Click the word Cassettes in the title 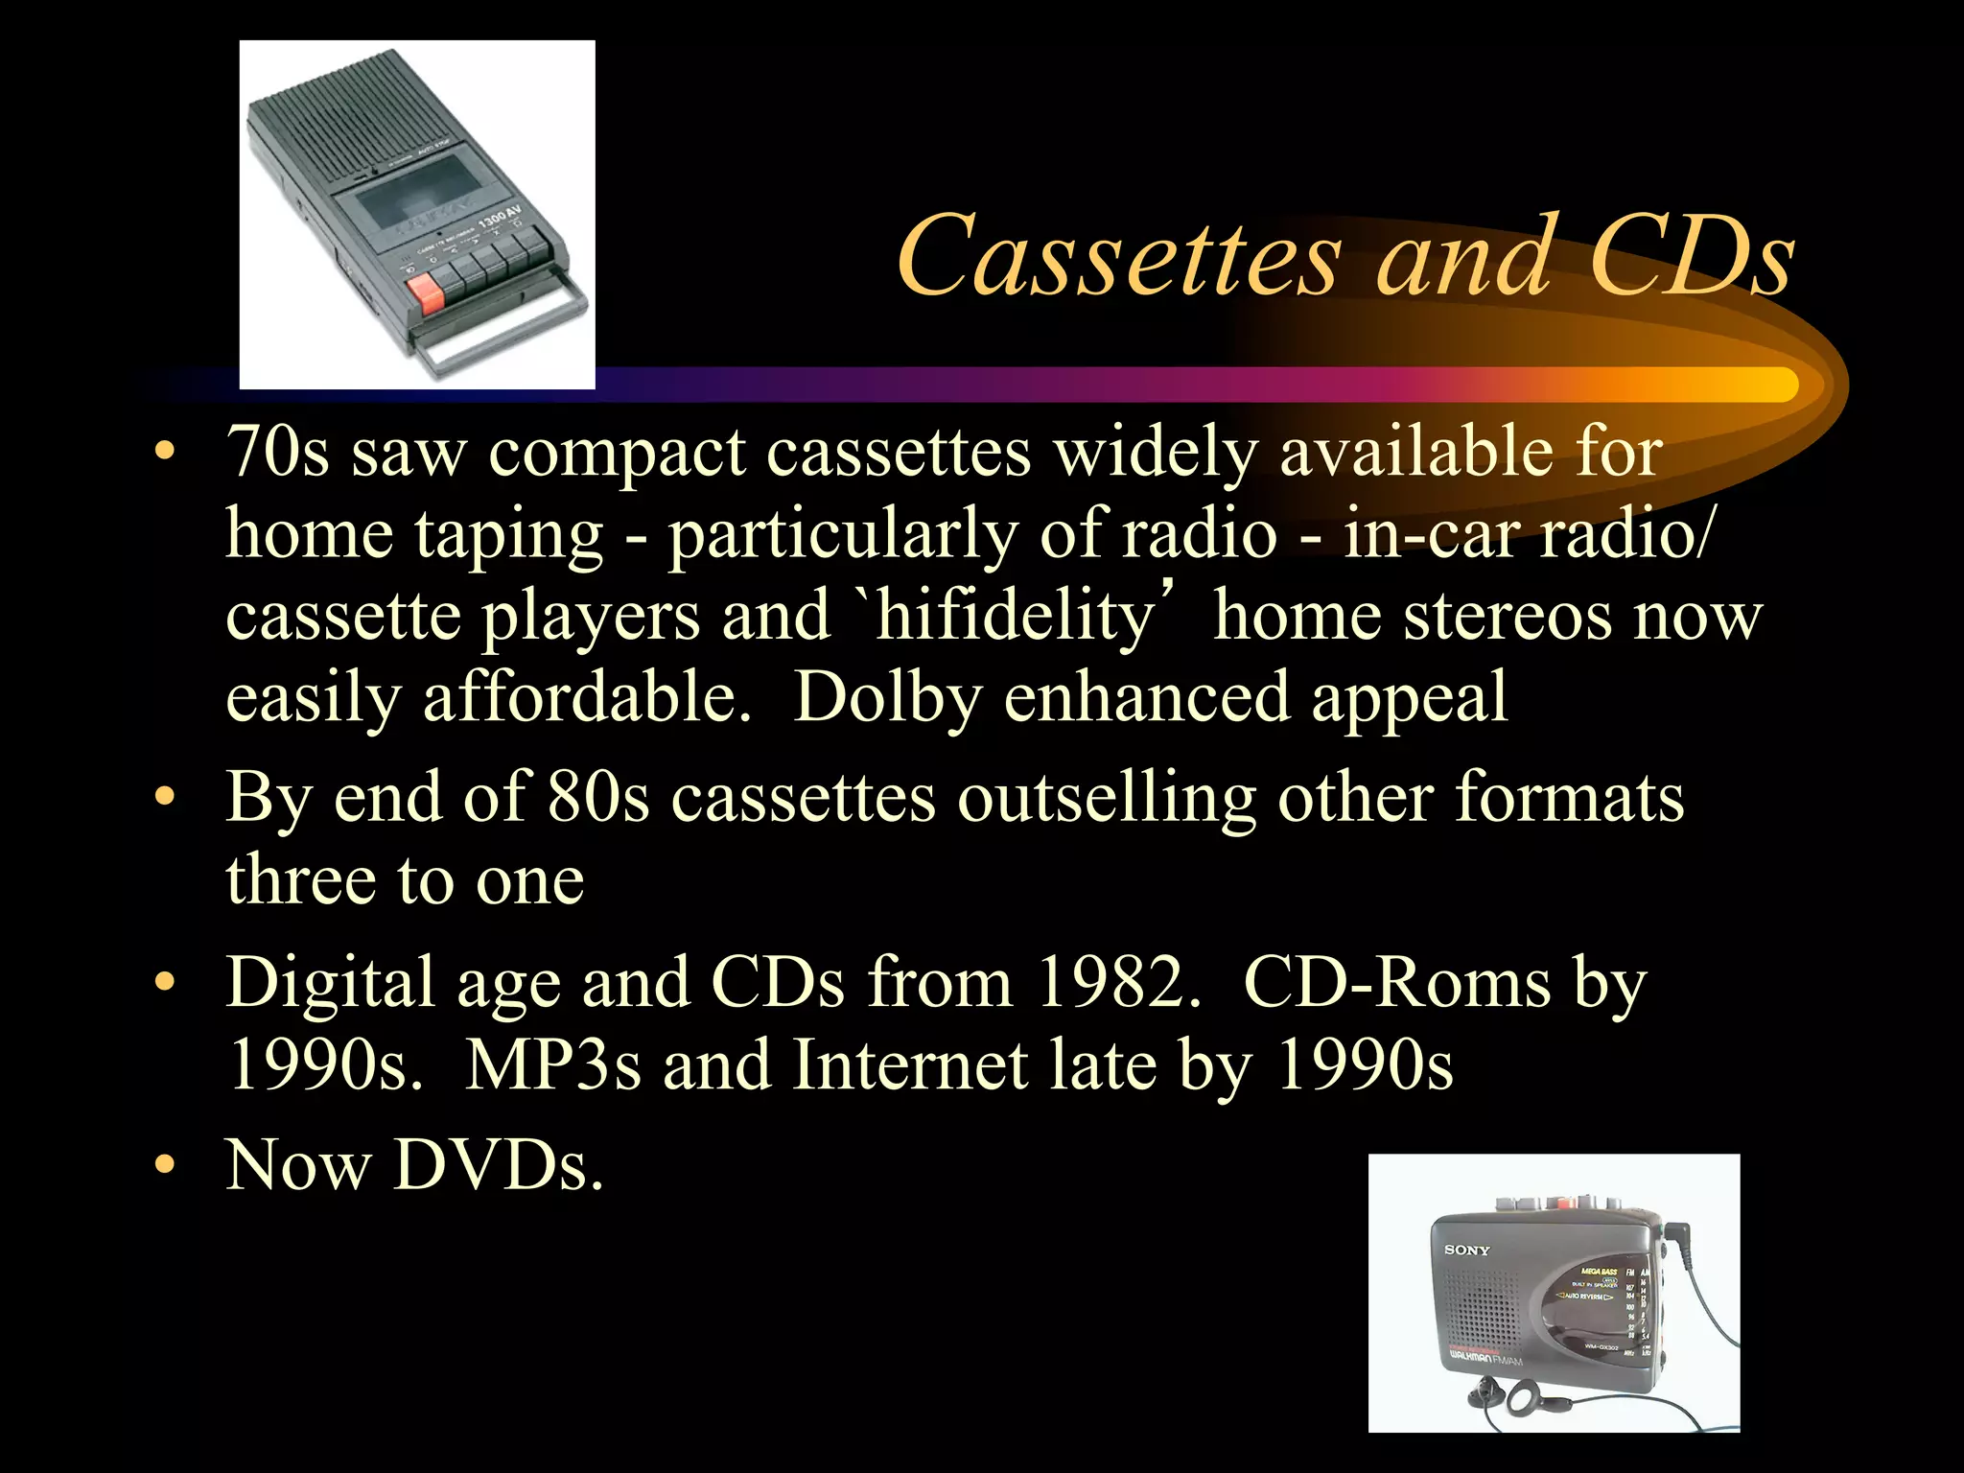point(1118,257)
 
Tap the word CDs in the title point(1691,257)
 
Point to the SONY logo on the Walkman point(1467,1250)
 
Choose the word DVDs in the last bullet point(499,1165)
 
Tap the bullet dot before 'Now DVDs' point(166,1165)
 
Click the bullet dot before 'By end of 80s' point(166,798)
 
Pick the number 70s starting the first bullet point(277,451)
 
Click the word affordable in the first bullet point(587,697)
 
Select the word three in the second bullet point(299,880)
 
